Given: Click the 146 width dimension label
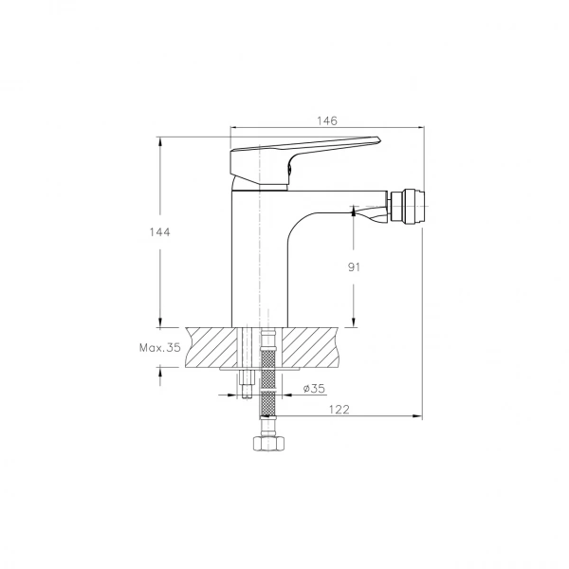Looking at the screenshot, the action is click(x=327, y=120).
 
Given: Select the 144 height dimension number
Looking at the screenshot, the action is click(x=159, y=232).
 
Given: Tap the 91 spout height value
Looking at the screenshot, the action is click(x=354, y=267).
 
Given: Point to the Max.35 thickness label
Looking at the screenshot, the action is click(x=160, y=348).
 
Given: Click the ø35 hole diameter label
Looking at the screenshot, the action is click(x=314, y=389).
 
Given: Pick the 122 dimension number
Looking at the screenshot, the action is click(x=339, y=410).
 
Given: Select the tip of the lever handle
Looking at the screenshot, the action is click(x=379, y=139).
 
